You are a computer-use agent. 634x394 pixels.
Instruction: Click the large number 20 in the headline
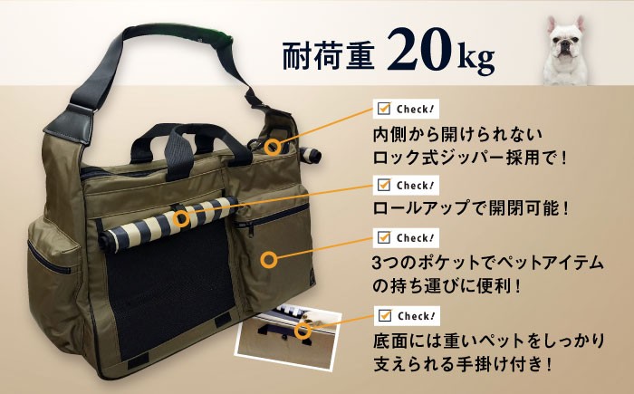click(x=418, y=50)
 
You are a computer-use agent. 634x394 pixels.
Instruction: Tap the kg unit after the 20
click(x=476, y=59)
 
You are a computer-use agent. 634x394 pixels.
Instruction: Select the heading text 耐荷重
click(x=328, y=54)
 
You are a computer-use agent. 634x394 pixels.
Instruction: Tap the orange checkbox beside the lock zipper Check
click(x=383, y=109)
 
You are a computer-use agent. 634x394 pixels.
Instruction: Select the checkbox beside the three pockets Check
click(x=383, y=237)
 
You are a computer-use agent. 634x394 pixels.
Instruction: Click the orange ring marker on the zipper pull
click(x=274, y=147)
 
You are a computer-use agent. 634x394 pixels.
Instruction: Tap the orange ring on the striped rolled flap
click(x=181, y=219)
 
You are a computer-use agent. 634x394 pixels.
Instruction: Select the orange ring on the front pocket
click(x=269, y=260)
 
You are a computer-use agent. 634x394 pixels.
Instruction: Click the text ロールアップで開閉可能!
click(x=471, y=208)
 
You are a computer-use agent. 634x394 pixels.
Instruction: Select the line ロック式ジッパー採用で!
click(x=470, y=158)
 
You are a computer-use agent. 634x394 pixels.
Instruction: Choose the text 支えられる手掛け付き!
click(x=463, y=364)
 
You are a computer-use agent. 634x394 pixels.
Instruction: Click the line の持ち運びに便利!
click(x=446, y=287)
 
